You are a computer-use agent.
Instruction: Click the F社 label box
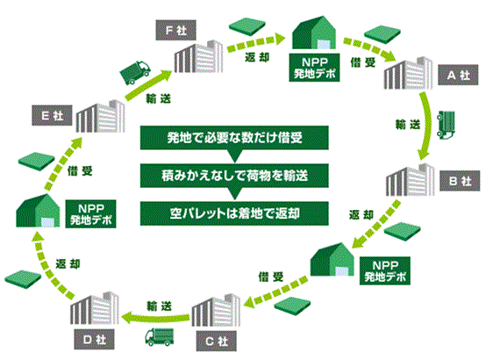[175, 30]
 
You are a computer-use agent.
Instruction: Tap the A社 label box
[458, 75]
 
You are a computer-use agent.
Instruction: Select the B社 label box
[460, 181]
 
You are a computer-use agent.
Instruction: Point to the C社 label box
[217, 341]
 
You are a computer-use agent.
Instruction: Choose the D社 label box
[95, 339]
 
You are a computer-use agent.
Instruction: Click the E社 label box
[52, 116]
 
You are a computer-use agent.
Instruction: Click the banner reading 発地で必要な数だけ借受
[234, 138]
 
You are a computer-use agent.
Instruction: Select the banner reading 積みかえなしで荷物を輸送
[234, 176]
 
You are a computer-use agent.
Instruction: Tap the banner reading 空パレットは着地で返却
[234, 213]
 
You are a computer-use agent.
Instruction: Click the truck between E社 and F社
[135, 72]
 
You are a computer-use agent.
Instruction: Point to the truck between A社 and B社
[446, 125]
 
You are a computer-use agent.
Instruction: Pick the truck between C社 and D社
[159, 336]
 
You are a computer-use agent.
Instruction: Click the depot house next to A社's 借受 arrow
[314, 32]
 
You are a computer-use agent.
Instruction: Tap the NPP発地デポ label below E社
[90, 214]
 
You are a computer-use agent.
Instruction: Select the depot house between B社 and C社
[332, 260]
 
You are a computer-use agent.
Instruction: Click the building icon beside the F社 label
[199, 56]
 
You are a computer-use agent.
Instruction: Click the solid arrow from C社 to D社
[156, 318]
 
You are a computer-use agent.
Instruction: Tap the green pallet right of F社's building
[247, 26]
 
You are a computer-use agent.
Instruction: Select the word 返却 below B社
[361, 215]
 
